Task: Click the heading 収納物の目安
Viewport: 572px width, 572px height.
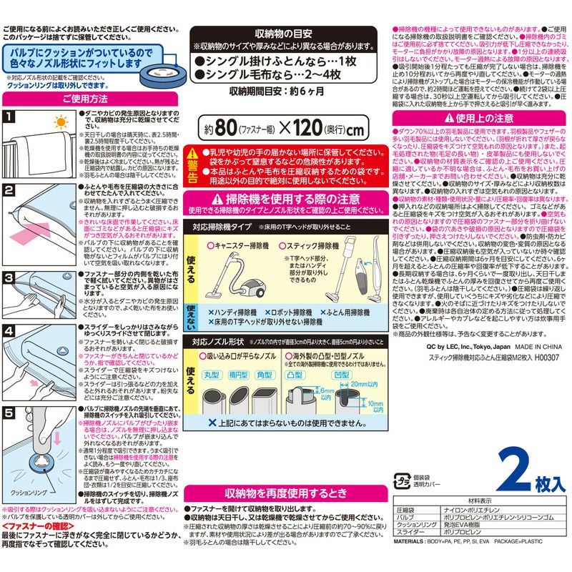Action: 281,34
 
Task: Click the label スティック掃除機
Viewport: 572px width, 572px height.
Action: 315,245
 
